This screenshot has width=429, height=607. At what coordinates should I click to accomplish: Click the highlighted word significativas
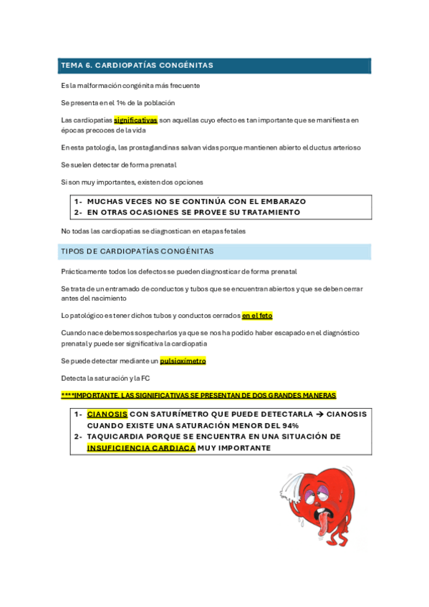(135, 120)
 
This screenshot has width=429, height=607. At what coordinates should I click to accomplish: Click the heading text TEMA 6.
(76, 66)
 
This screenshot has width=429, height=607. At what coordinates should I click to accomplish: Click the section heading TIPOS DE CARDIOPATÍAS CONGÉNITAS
(138, 251)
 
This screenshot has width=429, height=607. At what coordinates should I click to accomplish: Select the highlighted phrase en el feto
(257, 316)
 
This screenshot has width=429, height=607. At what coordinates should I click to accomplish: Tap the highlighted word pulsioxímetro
(183, 361)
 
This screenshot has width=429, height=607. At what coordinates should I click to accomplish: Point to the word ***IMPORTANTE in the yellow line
(91, 395)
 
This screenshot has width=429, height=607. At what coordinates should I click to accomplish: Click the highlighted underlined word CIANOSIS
(107, 414)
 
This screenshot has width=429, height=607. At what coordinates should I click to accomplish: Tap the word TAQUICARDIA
(120, 436)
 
